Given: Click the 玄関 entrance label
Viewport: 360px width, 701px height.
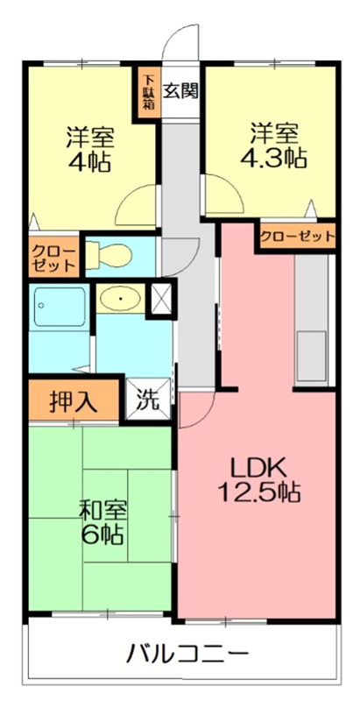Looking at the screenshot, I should tap(181, 89).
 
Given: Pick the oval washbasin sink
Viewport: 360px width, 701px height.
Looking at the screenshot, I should tap(116, 301).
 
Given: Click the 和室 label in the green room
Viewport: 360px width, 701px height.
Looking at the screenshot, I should tap(98, 510).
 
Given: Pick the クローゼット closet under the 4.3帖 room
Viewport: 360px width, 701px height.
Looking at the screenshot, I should tap(297, 237).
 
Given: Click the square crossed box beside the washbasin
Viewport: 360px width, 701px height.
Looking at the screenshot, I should tap(162, 299).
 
